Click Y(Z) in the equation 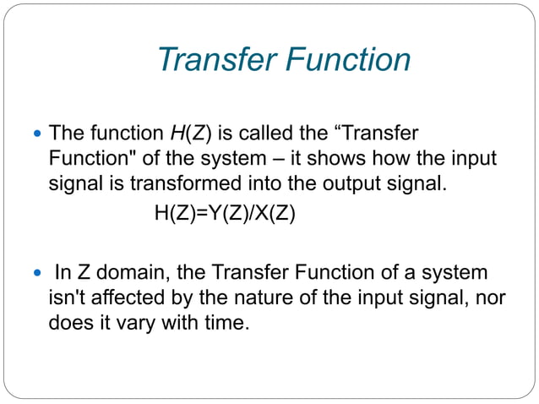(x=221, y=214)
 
